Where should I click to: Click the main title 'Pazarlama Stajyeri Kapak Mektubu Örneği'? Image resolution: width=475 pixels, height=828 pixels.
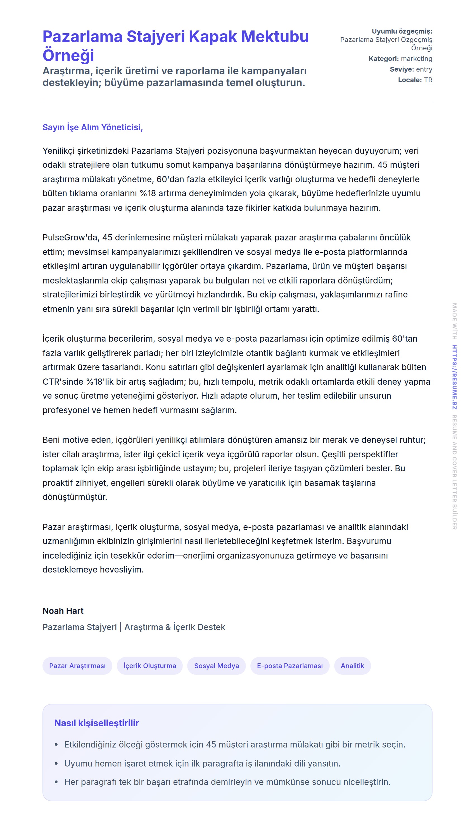175,45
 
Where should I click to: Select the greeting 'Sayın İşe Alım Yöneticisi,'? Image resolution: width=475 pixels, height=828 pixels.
93,127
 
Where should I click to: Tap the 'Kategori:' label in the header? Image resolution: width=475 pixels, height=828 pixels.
383,59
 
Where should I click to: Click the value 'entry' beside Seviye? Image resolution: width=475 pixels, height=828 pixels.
424,69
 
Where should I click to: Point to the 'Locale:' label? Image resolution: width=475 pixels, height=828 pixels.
409,80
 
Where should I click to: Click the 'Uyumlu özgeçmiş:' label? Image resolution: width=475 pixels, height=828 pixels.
402,31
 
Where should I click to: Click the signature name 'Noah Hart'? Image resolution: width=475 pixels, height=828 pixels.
63,611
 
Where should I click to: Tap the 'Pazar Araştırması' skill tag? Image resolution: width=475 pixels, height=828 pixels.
77,666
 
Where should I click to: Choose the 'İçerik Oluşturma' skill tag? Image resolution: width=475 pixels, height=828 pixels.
150,666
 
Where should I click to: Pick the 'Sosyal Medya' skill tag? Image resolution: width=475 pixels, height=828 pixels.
216,666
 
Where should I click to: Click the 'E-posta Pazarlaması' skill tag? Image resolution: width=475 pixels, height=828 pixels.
290,666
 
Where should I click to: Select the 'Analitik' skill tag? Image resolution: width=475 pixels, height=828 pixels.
352,666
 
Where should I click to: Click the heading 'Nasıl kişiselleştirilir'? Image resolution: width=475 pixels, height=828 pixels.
97,723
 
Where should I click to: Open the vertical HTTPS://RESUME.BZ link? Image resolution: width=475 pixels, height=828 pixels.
454,377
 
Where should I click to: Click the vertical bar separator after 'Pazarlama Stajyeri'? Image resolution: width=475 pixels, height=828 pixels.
120,627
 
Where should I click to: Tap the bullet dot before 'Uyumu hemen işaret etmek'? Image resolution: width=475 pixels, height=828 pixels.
56,764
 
